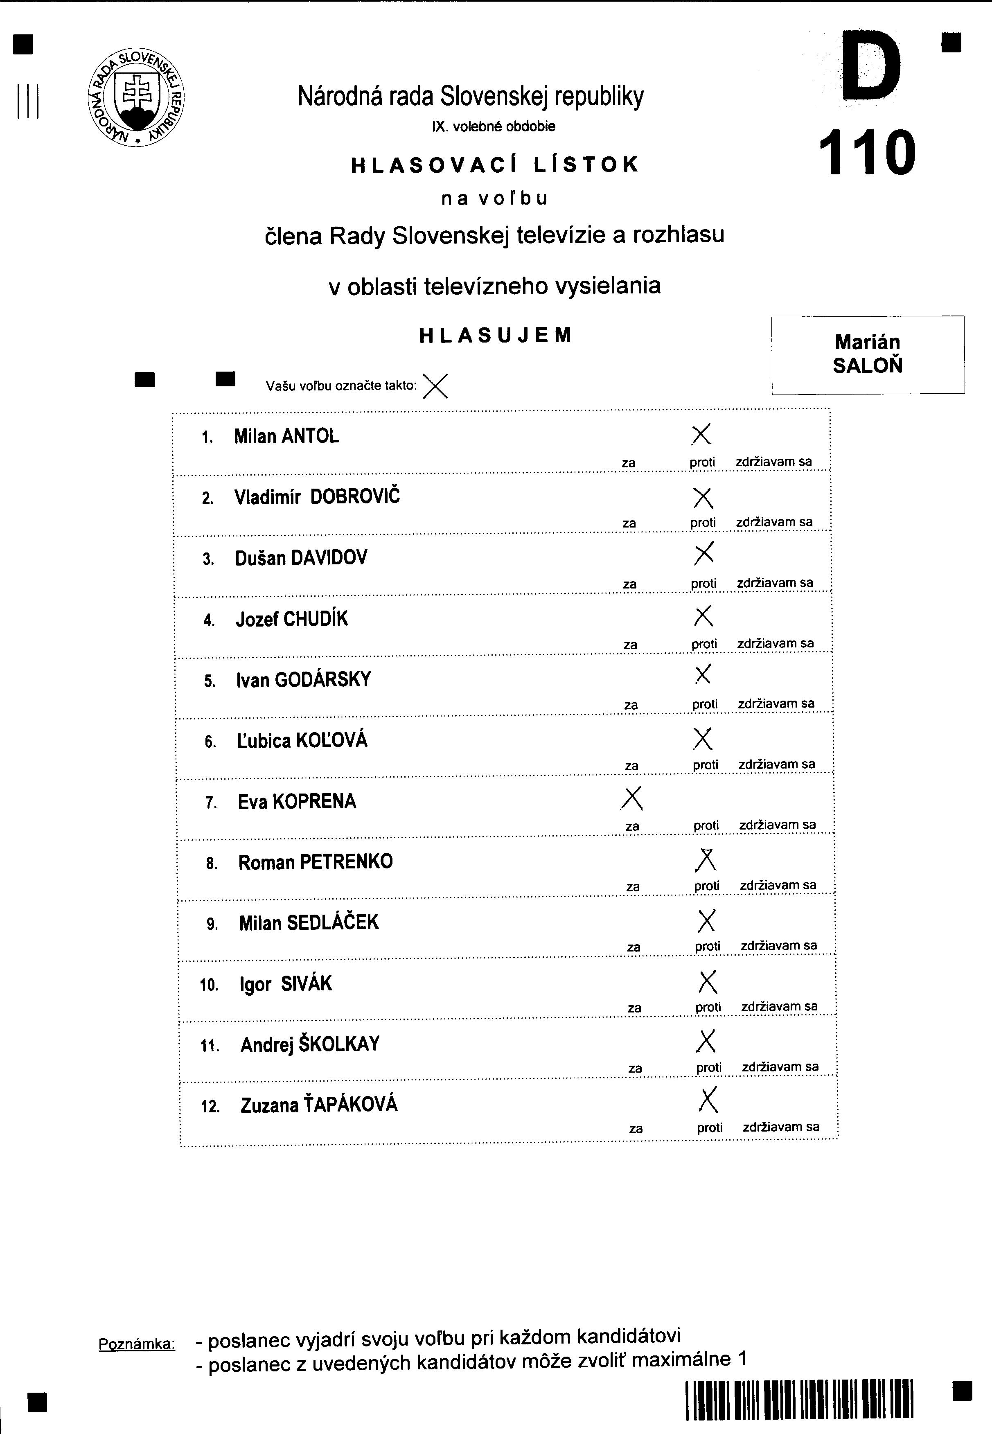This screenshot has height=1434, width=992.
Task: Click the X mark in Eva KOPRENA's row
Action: [632, 799]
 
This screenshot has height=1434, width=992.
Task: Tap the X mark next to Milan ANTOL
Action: [701, 435]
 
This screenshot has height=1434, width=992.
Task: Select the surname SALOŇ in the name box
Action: [867, 365]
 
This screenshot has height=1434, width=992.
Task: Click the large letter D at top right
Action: [871, 67]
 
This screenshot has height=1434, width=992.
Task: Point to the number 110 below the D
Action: [867, 152]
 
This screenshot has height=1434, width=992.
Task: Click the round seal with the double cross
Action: [137, 98]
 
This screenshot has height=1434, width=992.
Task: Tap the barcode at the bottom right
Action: [799, 1400]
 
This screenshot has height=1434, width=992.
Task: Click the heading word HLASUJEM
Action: [495, 336]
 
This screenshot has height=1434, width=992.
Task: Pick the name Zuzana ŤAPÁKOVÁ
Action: [319, 1105]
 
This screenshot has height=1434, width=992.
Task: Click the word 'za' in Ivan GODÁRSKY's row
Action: [631, 705]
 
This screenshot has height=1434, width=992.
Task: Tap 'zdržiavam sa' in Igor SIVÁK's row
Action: [780, 1006]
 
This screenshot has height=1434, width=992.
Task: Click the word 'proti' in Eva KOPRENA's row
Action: [706, 825]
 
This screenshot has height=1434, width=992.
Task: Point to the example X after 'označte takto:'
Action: [435, 386]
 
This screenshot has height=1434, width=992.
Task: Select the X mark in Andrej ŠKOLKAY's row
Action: [706, 1041]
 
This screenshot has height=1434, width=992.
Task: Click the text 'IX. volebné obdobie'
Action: [494, 127]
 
